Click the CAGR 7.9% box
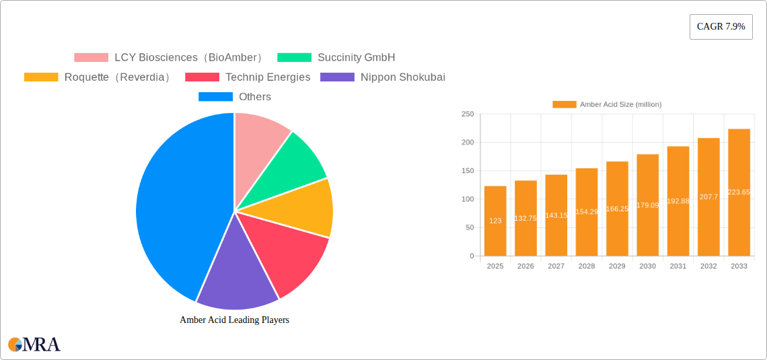(721, 27)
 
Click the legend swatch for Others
(215, 97)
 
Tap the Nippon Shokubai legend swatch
(337, 77)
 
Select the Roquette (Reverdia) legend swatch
(41, 77)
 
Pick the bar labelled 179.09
(647, 205)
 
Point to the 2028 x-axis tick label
(587, 266)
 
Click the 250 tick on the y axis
(467, 114)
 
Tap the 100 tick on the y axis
(467, 199)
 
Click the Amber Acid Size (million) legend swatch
(564, 104)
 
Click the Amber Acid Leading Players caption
(234, 320)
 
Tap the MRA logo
(34, 345)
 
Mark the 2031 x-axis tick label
(678, 266)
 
